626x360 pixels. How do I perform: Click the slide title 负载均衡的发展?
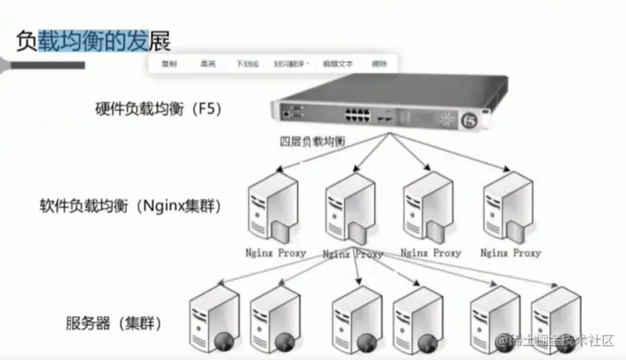tap(93, 39)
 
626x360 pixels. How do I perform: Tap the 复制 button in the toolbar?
tap(169, 64)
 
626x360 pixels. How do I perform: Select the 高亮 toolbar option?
tap(208, 64)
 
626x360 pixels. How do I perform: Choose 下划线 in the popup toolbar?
tap(247, 64)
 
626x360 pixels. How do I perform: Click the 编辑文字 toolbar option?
tap(340, 64)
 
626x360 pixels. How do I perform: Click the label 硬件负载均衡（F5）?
tap(153, 108)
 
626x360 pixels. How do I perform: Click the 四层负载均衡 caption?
tap(313, 141)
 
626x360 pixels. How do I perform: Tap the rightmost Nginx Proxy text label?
tap(511, 253)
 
